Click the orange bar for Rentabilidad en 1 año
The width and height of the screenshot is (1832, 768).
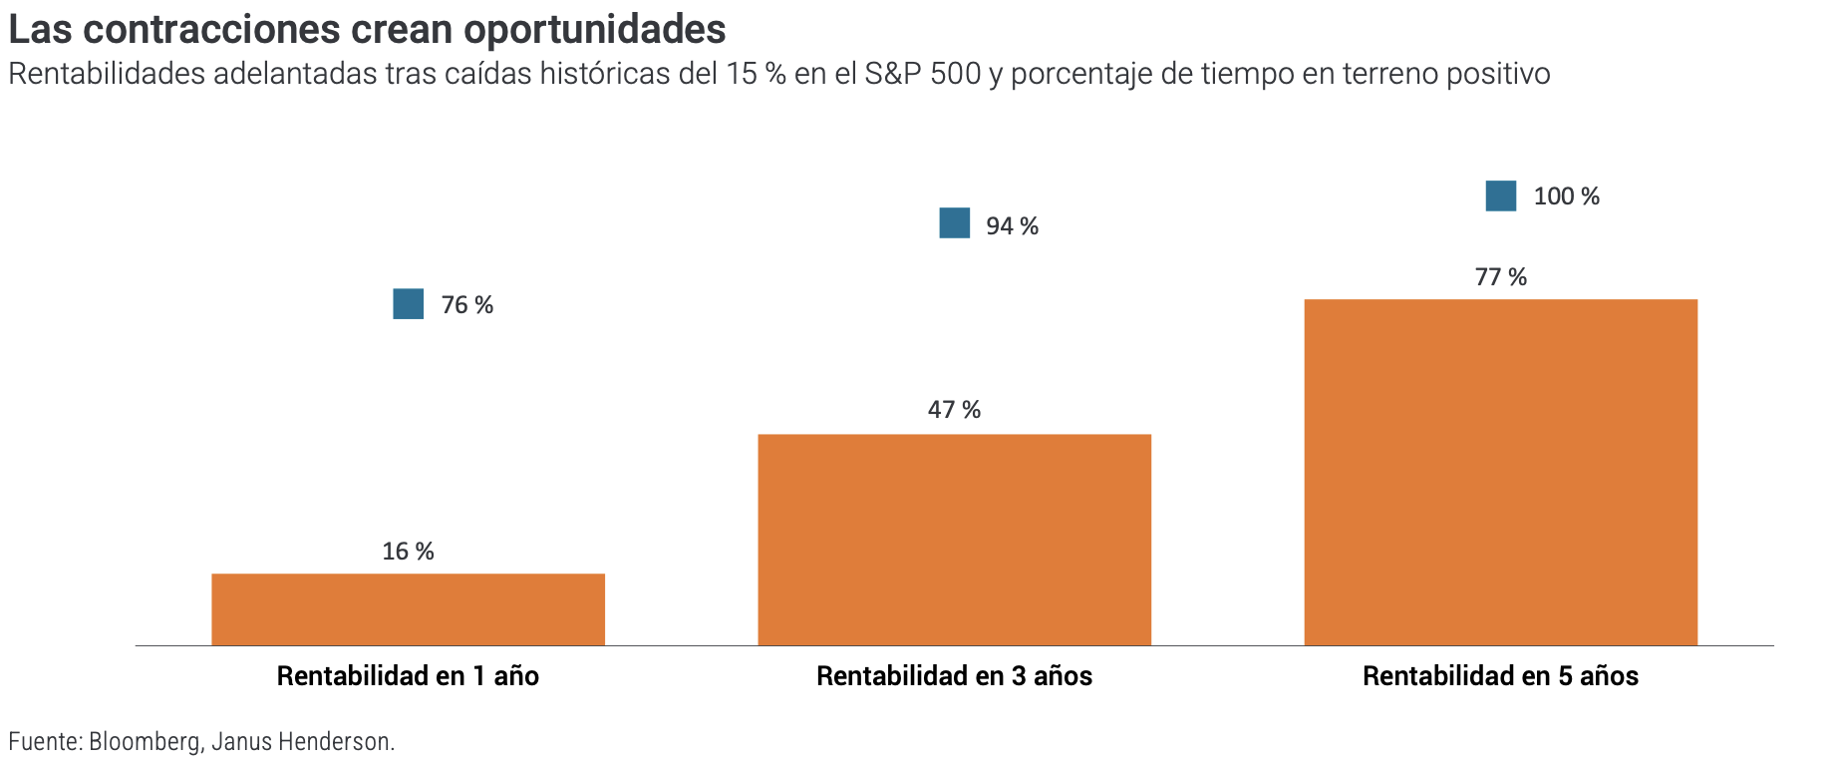coord(408,609)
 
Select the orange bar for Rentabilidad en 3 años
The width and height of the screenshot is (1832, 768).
coord(954,540)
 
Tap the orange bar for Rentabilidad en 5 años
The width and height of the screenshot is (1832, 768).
coord(1500,472)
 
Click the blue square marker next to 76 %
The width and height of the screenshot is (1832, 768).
coord(409,304)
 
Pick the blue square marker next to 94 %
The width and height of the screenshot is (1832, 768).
coord(955,223)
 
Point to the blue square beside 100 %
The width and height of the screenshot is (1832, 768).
coord(1501,195)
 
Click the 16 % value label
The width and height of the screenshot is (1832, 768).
coord(408,552)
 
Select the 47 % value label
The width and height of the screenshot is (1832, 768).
coord(954,410)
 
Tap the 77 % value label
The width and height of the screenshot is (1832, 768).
coord(1500,277)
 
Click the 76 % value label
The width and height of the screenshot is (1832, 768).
coord(467,305)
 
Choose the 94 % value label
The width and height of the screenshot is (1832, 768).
coord(1012,226)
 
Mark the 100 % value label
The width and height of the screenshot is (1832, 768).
coord(1566,196)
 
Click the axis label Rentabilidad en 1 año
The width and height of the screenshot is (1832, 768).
coord(408,676)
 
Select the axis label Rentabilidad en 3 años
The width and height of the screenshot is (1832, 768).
coord(954,676)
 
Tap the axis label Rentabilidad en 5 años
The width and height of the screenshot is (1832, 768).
coord(1500,676)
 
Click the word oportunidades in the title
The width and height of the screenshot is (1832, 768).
coord(594,30)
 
